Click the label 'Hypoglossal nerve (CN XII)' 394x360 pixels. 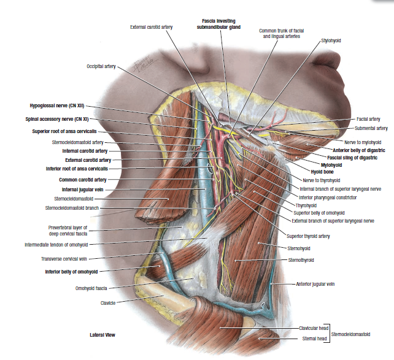click(56, 105)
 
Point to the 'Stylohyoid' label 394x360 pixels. click(331, 40)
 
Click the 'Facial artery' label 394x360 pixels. click(368, 119)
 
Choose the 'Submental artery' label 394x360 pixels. click(371, 128)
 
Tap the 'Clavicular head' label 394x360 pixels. click(312, 329)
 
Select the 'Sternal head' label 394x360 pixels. click(315, 338)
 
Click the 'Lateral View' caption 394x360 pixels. click(102, 335)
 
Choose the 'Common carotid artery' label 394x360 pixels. click(83, 180)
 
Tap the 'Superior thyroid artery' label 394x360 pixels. click(308, 236)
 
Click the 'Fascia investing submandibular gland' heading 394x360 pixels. click(218, 24)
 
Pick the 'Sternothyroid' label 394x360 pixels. click(301, 260)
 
